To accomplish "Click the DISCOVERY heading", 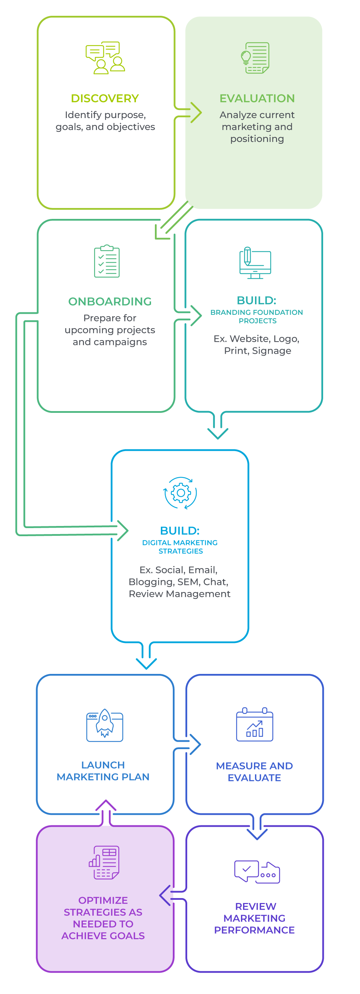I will pyautogui.click(x=105, y=98).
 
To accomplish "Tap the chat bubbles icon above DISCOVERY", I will pyautogui.click(x=105, y=58).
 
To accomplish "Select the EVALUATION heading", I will pyautogui.click(x=257, y=98).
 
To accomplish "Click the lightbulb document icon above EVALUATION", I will pyautogui.click(x=255, y=58).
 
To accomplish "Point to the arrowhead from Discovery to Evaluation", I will pyautogui.click(x=197, y=112).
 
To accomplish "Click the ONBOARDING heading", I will pyautogui.click(x=110, y=301).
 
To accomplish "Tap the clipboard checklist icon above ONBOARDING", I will pyautogui.click(x=107, y=261).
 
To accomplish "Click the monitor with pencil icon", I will pyautogui.click(x=255, y=262).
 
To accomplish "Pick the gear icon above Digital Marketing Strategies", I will pyautogui.click(x=180, y=493).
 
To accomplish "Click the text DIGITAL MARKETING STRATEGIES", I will pyautogui.click(x=180, y=547).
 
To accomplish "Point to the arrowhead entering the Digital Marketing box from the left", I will pyautogui.click(x=124, y=531).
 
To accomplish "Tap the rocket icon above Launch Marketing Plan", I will pyautogui.click(x=105, y=724).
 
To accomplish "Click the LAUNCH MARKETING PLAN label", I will pyautogui.click(x=103, y=771).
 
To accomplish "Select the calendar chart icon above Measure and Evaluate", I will pyautogui.click(x=254, y=724).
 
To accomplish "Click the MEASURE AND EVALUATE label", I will pyautogui.click(x=254, y=771).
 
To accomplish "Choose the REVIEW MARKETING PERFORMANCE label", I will pyautogui.click(x=254, y=918).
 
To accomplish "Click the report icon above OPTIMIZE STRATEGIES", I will pyautogui.click(x=104, y=863).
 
